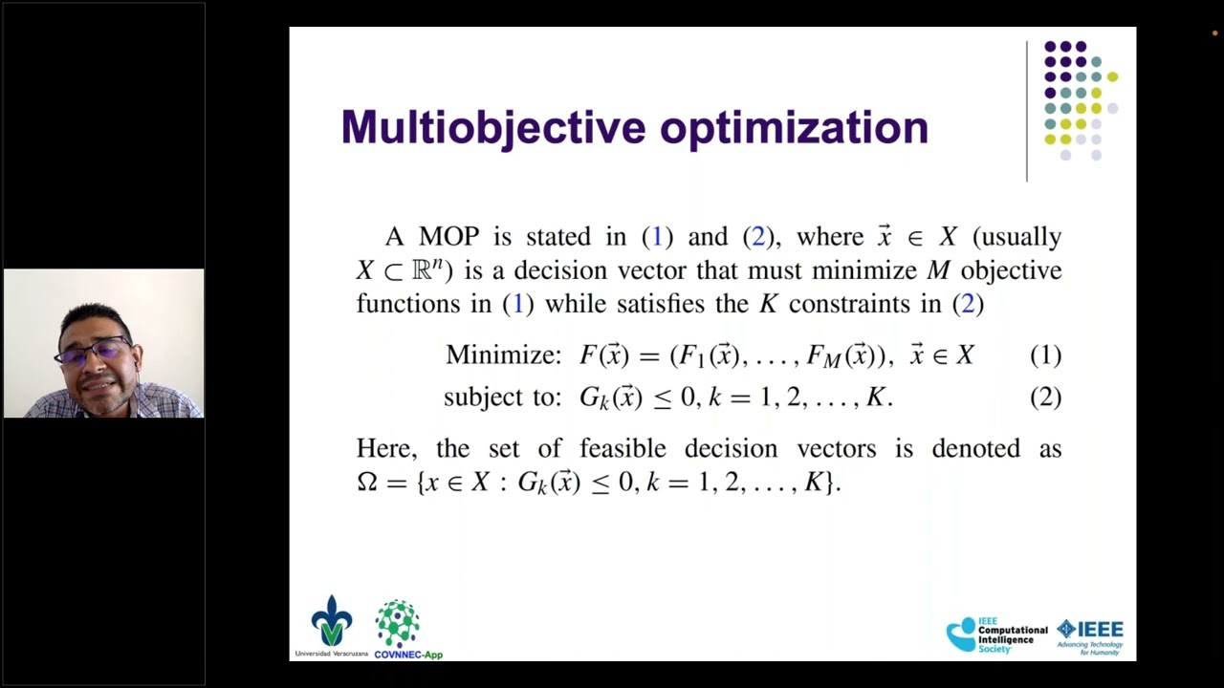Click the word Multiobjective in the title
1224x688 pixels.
pyautogui.click(x=492, y=128)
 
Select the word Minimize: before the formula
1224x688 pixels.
pyautogui.click(x=503, y=355)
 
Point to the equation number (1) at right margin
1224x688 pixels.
pyautogui.click(x=1045, y=355)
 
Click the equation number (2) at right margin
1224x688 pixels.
pyautogui.click(x=1045, y=398)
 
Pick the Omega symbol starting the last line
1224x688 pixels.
pyautogui.click(x=367, y=483)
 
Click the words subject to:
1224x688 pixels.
pyautogui.click(x=502, y=398)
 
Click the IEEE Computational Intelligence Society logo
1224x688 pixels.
pyautogui.click(x=996, y=634)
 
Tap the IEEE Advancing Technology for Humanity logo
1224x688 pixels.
pyautogui.click(x=1090, y=634)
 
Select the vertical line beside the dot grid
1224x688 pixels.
pyautogui.click(x=1027, y=111)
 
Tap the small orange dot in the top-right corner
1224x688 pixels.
pyautogui.click(x=1214, y=33)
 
